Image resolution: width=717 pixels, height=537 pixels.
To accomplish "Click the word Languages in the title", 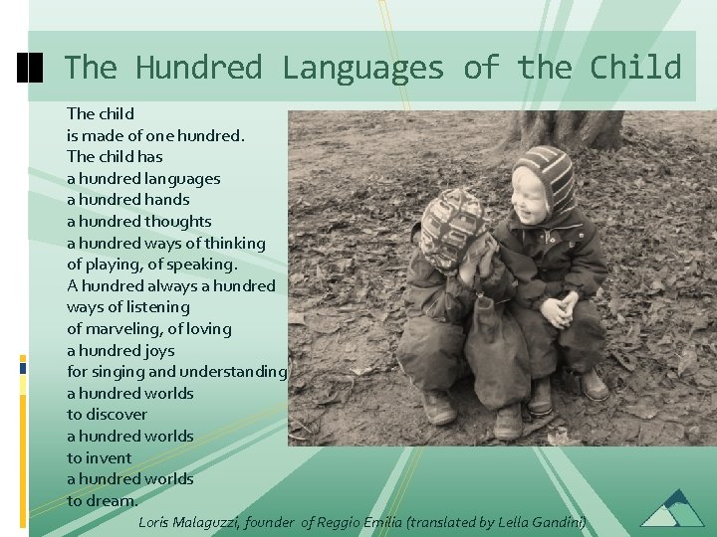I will pyautogui.click(x=362, y=68).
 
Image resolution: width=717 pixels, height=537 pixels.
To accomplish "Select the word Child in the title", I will pyautogui.click(x=635, y=68).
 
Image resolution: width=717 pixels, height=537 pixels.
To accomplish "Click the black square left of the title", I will pyautogui.click(x=31, y=68).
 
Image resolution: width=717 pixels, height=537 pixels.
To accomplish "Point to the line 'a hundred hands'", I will pyautogui.click(x=127, y=200).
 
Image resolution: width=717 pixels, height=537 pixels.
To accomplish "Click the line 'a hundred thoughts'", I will pyautogui.click(x=138, y=221).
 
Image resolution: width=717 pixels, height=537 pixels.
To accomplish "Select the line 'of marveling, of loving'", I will pyautogui.click(x=148, y=328).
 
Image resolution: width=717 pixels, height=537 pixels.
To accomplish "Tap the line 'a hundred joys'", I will pyautogui.click(x=120, y=350).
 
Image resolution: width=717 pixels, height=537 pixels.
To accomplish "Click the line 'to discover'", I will pyautogui.click(x=107, y=414).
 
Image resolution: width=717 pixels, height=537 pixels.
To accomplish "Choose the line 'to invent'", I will pyautogui.click(x=99, y=457).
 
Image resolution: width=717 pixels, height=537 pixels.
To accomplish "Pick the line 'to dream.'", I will pyautogui.click(x=103, y=500).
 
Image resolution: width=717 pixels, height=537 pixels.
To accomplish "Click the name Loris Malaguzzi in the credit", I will pyautogui.click(x=189, y=521).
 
